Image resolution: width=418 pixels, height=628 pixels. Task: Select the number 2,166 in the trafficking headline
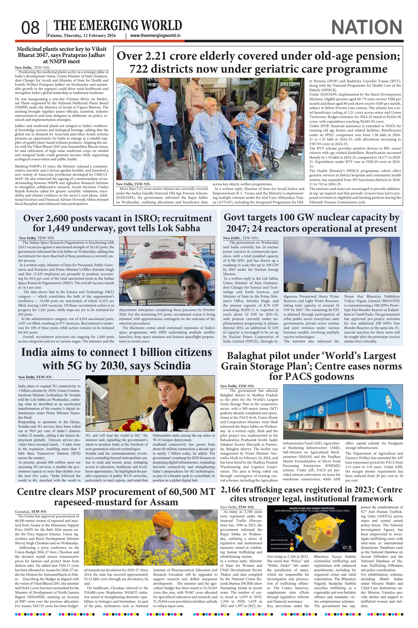233,490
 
